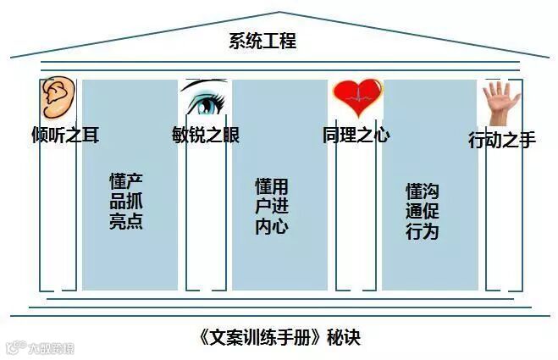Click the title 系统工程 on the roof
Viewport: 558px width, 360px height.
tap(262, 40)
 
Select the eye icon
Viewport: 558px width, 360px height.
tap(203, 100)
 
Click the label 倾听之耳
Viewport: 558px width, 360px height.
tap(65, 135)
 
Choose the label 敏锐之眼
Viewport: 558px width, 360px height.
tap(205, 135)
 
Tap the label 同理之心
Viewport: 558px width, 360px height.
tap(356, 135)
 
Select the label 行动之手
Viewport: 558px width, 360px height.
tap(502, 140)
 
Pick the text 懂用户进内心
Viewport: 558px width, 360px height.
tap(272, 206)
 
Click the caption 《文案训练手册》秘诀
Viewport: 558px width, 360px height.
tap(279, 337)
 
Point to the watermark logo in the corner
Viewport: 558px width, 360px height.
tap(39, 346)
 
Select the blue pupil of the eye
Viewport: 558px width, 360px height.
tap(203, 106)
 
